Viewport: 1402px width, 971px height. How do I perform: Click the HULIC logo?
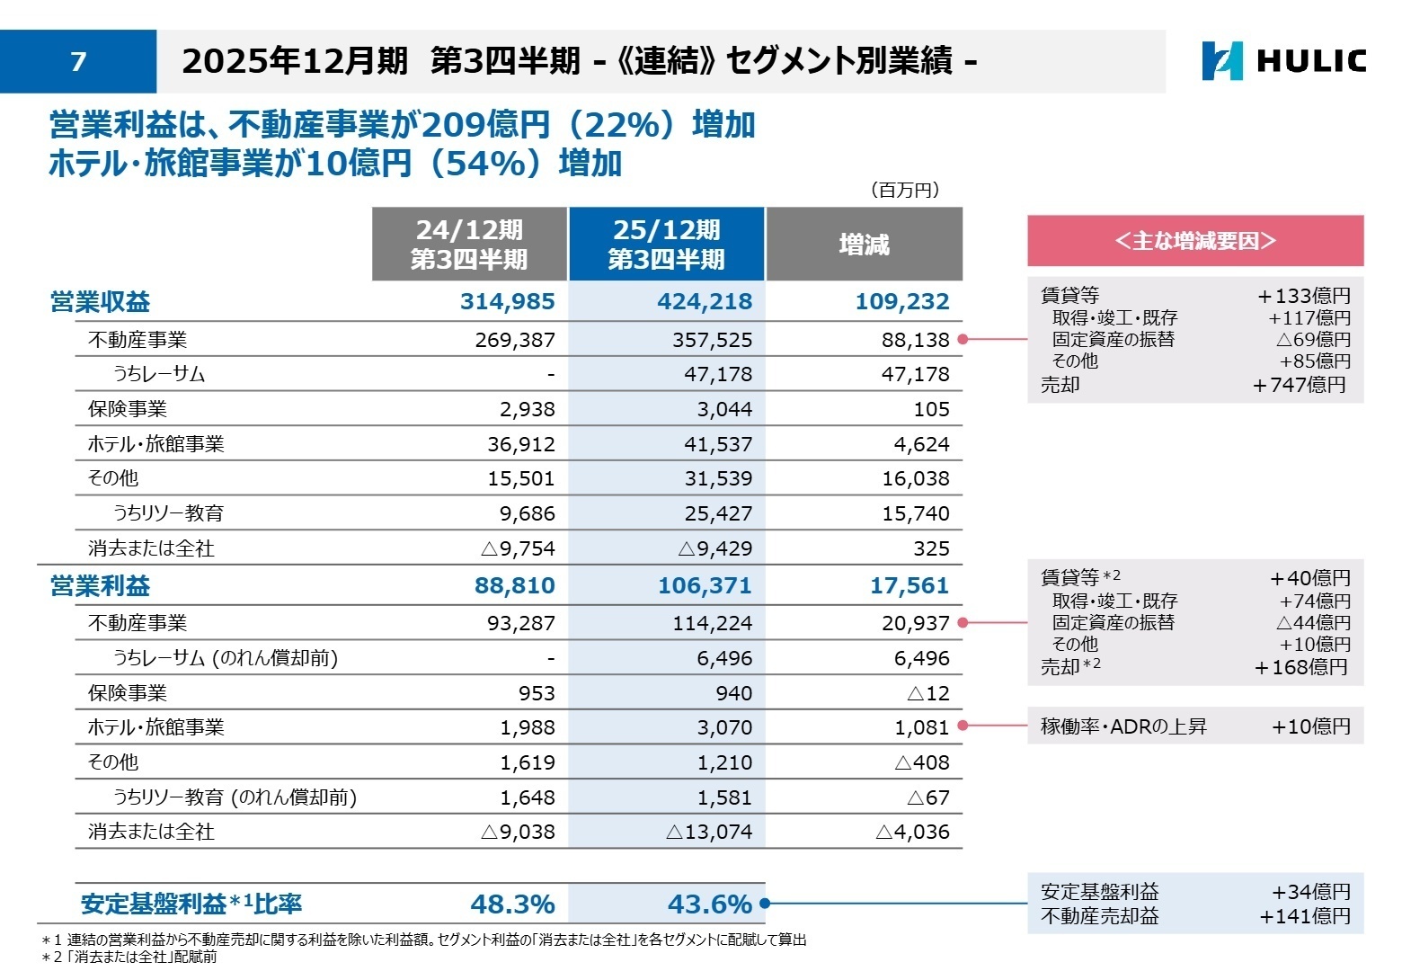[1283, 61]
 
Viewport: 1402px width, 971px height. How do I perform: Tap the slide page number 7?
[78, 61]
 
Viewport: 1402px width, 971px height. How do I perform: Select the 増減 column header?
[864, 245]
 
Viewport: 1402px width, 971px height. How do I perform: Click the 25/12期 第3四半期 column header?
[666, 245]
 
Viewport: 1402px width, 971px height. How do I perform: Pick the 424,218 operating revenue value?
[705, 301]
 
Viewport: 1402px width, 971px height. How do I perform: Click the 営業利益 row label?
[100, 586]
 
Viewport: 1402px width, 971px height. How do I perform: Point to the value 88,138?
[915, 340]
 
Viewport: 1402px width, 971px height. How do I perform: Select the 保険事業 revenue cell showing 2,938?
[527, 409]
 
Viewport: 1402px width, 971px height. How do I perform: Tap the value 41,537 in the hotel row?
[718, 444]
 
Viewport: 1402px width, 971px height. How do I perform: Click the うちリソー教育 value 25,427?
[718, 513]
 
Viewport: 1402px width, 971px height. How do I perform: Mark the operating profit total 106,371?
[705, 586]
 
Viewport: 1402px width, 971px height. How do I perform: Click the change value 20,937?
[915, 623]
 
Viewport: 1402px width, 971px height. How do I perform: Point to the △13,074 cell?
[709, 832]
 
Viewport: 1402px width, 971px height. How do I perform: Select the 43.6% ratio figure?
[709, 904]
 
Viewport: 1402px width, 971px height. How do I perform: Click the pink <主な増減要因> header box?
[1194, 241]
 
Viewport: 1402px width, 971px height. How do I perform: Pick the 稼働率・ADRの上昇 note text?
[1123, 726]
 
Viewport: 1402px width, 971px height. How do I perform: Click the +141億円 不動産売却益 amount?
[1305, 916]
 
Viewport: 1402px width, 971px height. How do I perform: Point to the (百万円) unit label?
[904, 190]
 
